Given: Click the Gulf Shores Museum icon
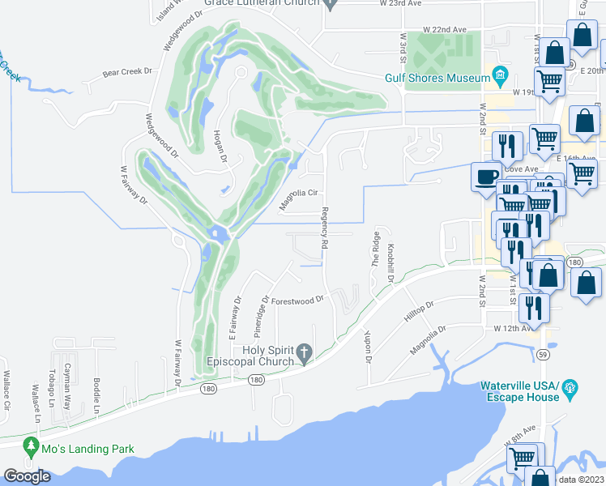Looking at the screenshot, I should coord(500,77).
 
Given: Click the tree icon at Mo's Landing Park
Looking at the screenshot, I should coord(32,446).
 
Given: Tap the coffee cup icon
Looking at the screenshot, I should coord(487,177).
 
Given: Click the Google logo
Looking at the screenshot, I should coord(27,476).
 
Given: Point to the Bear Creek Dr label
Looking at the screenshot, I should coord(127,72).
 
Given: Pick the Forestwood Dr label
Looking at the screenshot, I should coord(297,300).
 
